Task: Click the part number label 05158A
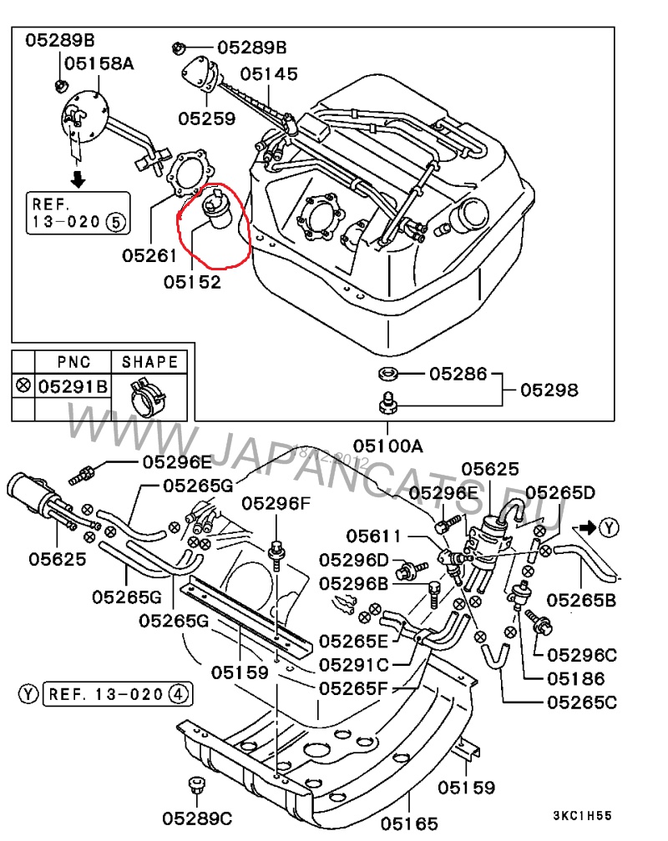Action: [x=99, y=63]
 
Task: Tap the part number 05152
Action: [x=193, y=282]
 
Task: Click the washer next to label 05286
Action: [x=387, y=373]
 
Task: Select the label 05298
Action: [x=549, y=389]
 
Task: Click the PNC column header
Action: [x=73, y=361]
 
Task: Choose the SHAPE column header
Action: [x=150, y=361]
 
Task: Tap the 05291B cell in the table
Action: [x=73, y=386]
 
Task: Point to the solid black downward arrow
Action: [x=77, y=178]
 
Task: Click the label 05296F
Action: [x=276, y=504]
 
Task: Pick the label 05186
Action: [x=576, y=679]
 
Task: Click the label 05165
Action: [x=409, y=825]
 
